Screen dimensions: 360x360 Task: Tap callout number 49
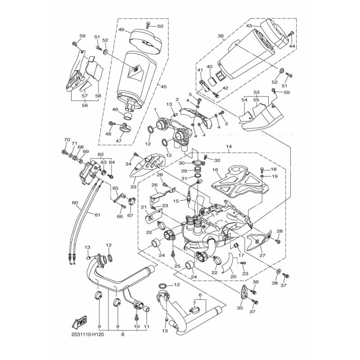121,30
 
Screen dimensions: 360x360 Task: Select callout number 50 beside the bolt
160,26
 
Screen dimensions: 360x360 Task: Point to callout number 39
220,36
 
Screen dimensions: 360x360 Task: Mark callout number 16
215,170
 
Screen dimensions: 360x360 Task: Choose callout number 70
67,139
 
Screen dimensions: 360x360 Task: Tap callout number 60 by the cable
75,203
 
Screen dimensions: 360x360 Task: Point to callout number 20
233,277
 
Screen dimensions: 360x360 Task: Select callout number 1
154,109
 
